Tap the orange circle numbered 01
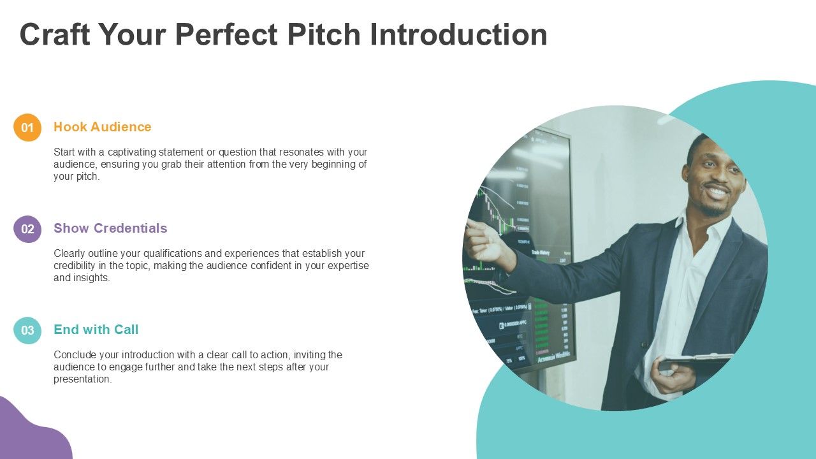[27, 127]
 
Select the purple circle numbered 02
[27, 229]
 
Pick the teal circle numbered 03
[27, 330]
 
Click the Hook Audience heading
[102, 127]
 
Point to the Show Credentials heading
[110, 228]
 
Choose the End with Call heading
[96, 330]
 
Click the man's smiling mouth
[717, 191]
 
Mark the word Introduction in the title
[458, 34]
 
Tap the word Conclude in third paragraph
[73, 355]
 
